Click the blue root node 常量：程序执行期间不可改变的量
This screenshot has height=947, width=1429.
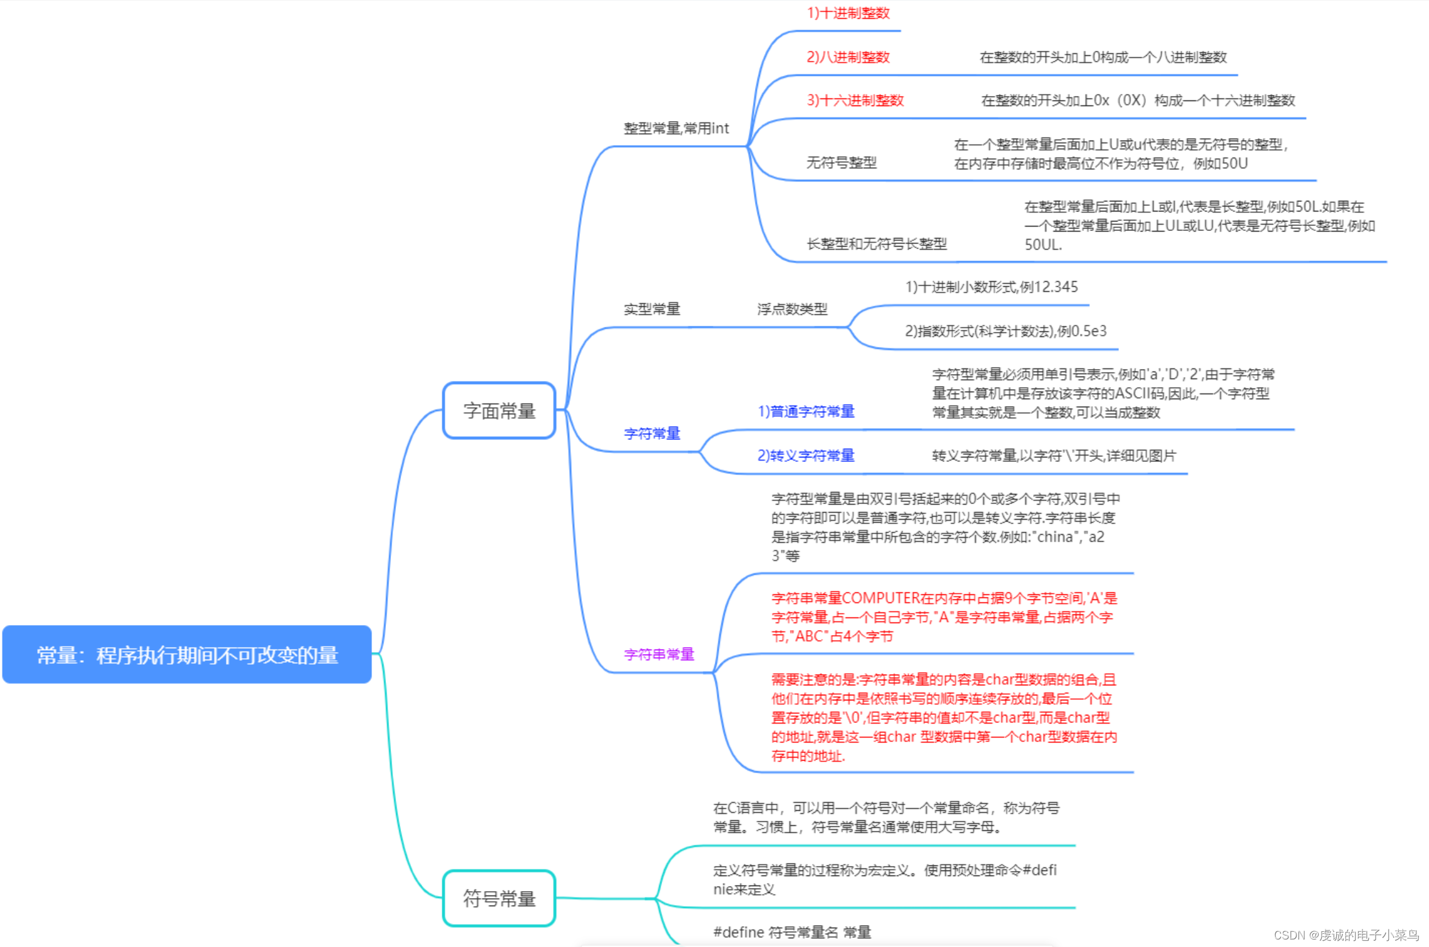(187, 655)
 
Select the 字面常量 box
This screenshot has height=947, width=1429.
(499, 410)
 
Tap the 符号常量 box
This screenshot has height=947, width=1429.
(499, 898)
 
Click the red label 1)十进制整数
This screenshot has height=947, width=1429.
(848, 13)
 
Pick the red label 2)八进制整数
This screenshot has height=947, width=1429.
(848, 57)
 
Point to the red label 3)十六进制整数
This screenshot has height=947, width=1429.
(855, 100)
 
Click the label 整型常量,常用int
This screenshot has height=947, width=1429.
(676, 129)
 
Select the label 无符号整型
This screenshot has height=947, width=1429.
(841, 163)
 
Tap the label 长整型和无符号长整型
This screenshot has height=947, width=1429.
(876, 244)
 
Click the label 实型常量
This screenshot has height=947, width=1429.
(651, 309)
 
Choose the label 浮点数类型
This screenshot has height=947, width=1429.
(792, 309)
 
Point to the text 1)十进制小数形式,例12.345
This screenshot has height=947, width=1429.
(991, 287)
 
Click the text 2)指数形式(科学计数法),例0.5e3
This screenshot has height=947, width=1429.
(1005, 331)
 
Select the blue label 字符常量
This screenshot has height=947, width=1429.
(651, 434)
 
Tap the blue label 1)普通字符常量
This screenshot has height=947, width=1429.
(806, 412)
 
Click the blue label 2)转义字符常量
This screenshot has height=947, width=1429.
(806, 456)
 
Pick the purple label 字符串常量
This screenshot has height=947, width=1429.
(658, 655)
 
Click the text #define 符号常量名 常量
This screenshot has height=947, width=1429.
(792, 933)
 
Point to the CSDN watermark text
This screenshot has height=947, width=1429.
(1346, 935)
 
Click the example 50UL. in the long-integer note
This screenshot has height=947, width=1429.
(1043, 245)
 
